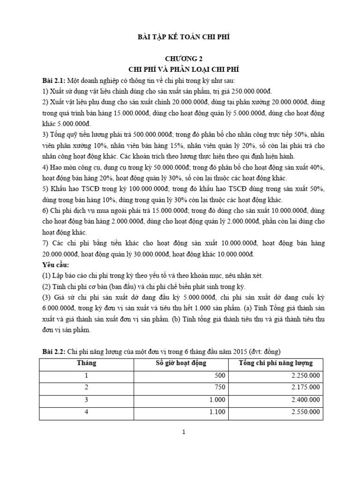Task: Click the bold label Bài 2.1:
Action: click(53, 80)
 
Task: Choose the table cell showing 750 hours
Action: click(220, 387)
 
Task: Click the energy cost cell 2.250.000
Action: click(305, 375)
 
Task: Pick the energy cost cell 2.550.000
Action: click(305, 412)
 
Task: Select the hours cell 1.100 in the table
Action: click(218, 412)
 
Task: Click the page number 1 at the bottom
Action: click(184, 433)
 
